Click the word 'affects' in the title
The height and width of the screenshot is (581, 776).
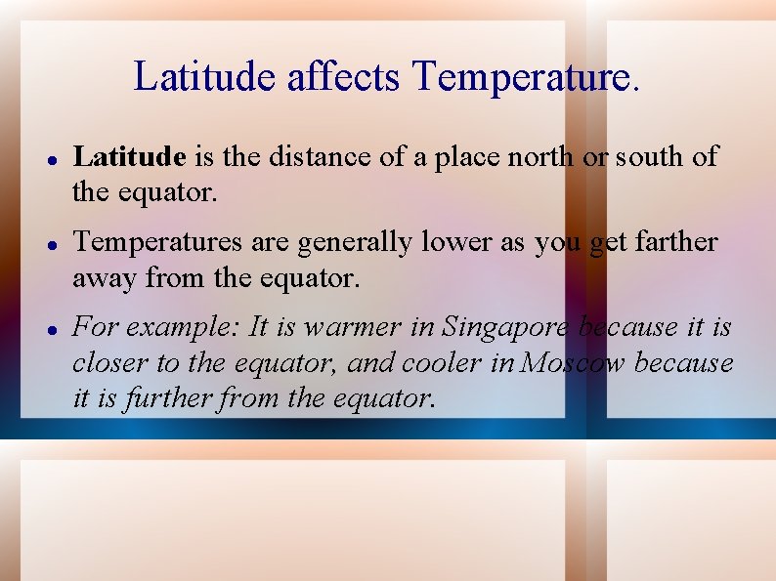[x=344, y=76]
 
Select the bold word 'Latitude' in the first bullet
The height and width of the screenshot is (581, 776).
[x=129, y=156]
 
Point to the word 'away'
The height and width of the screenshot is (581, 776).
[x=105, y=280]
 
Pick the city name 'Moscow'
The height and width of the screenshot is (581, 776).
[x=576, y=363]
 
